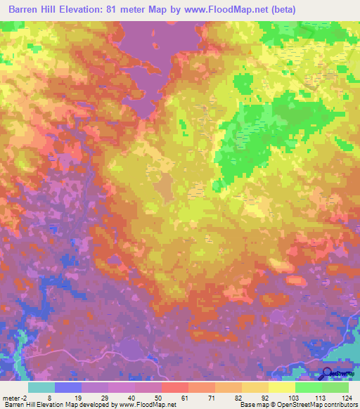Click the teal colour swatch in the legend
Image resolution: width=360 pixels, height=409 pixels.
(x=41, y=387)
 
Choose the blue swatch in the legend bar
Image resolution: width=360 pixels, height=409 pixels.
(x=68, y=387)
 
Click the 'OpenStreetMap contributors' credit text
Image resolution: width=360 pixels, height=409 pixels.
(x=315, y=404)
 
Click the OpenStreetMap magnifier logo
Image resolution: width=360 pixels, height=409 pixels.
(x=328, y=375)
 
